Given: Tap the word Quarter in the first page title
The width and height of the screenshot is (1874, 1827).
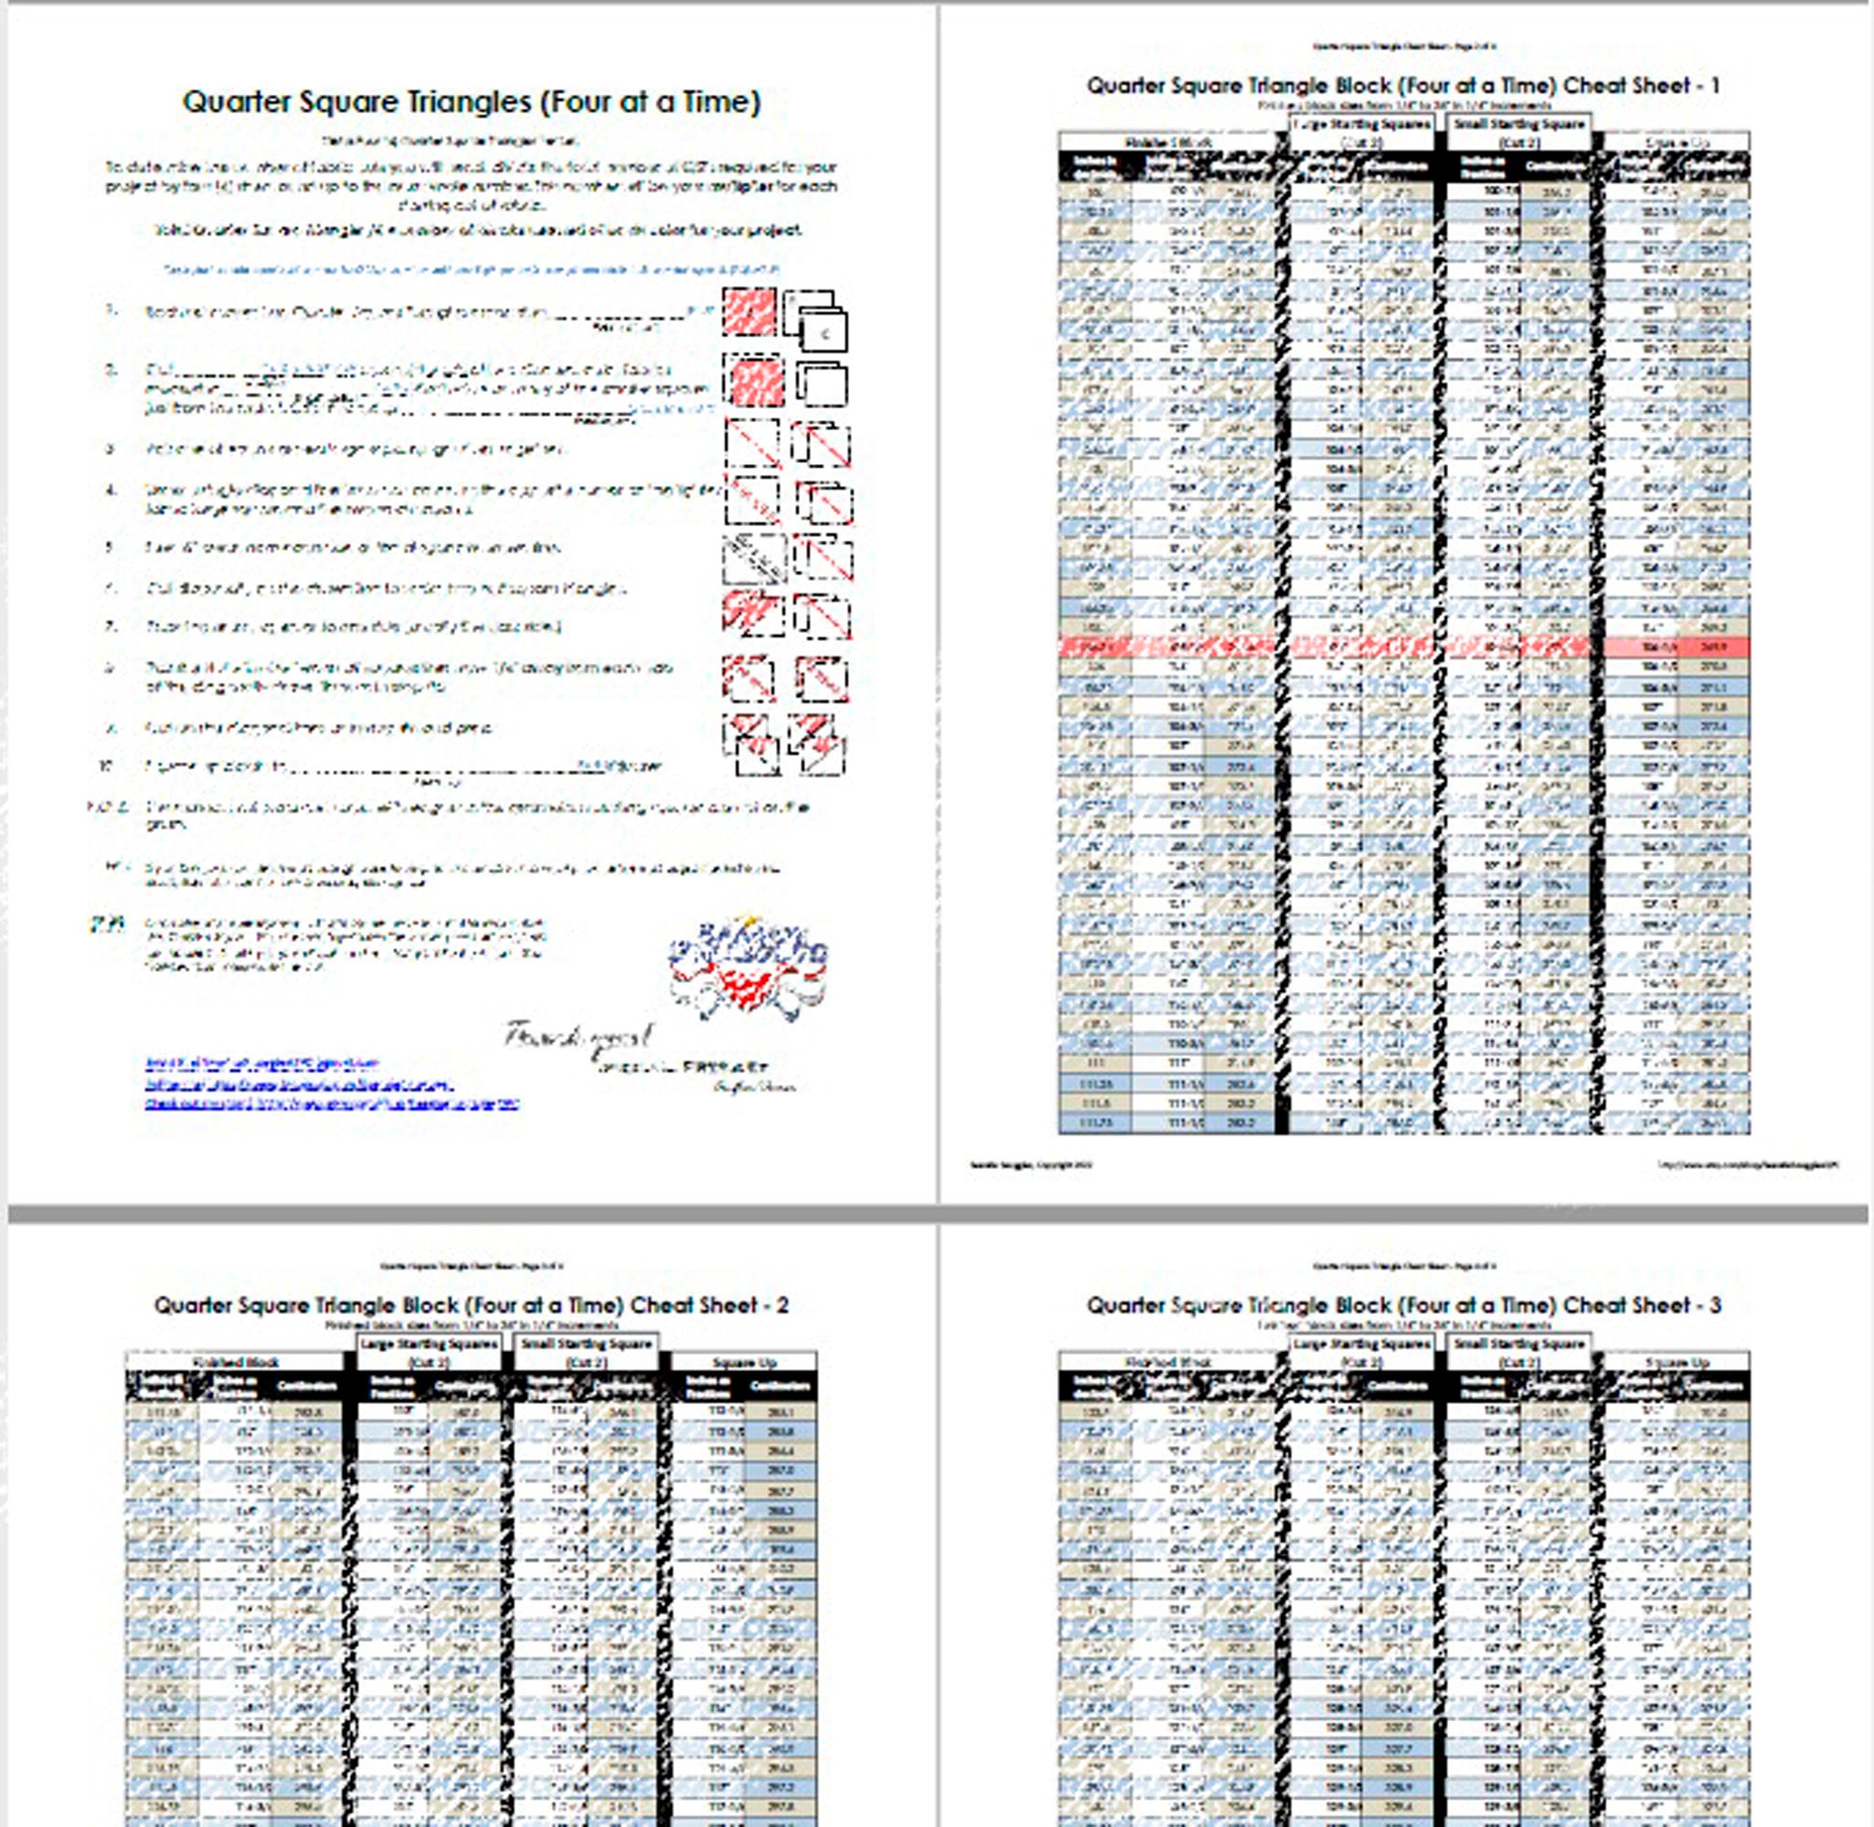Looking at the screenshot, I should [234, 101].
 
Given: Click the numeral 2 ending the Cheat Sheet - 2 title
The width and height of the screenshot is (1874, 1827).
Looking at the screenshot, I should [782, 1305].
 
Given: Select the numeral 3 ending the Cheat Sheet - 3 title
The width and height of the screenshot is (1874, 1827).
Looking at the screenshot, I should [1714, 1305].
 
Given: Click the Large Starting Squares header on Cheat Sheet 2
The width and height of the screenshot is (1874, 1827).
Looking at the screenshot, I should [429, 1345].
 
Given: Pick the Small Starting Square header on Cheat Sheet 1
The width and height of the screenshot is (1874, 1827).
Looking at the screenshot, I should [1518, 125].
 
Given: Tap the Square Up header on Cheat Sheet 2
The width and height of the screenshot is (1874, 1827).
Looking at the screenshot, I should [744, 1362].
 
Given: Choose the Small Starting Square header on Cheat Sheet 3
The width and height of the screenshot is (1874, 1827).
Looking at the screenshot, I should [1518, 1345].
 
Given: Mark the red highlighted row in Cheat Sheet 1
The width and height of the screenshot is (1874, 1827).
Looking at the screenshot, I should [1403, 648].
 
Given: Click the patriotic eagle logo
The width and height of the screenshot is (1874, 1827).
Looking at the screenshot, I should [748, 969].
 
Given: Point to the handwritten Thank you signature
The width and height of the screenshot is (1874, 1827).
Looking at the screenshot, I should [578, 1036].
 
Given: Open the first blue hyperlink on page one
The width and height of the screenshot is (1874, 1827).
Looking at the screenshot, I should [261, 1063].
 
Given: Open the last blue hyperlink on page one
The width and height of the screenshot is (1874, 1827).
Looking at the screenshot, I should [332, 1104].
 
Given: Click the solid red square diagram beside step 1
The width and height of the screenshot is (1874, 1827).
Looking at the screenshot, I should [749, 312].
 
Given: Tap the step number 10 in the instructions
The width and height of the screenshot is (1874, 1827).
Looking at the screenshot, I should [108, 766].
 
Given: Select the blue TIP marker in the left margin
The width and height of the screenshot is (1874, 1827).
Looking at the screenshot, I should [107, 925].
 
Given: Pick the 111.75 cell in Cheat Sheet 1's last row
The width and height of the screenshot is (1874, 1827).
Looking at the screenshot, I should [1095, 1123].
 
